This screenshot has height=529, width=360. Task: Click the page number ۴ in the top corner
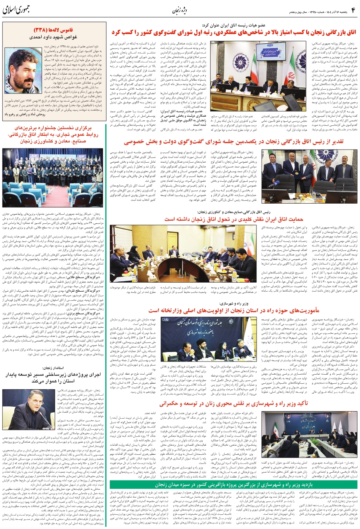tap(353, 9)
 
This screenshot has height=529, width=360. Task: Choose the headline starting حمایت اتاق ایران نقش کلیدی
tap(234, 219)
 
